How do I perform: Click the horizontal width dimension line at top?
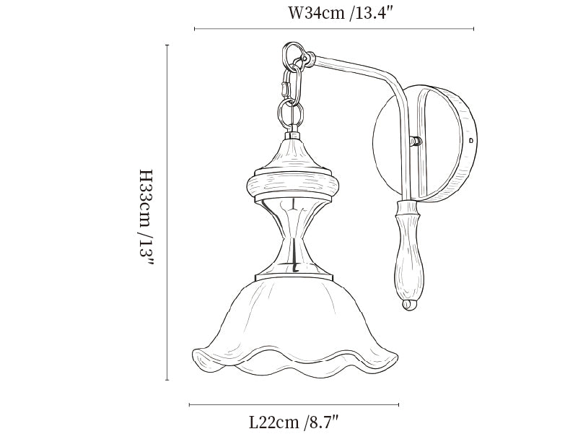pos(334,29)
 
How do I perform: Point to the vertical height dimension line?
pos(167,212)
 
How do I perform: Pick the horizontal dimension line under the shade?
pos(294,405)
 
